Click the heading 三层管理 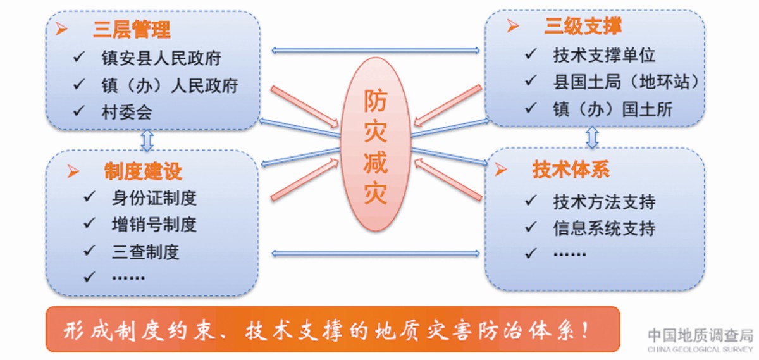pyautogui.click(x=132, y=30)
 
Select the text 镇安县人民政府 pyautogui.click(x=161, y=58)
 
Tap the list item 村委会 pyautogui.click(x=126, y=112)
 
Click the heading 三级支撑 pyautogui.click(x=583, y=26)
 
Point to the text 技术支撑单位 pyautogui.click(x=604, y=55)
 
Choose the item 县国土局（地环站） pyautogui.click(x=626, y=82)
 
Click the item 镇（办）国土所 pyautogui.click(x=613, y=109)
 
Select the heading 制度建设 pyautogui.click(x=143, y=171)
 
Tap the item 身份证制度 pyautogui.click(x=154, y=198)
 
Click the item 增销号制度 pyautogui.click(x=154, y=225)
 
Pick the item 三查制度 pyautogui.click(x=145, y=252)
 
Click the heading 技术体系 pyautogui.click(x=571, y=170)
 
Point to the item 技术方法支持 pyautogui.click(x=604, y=202)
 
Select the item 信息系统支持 pyautogui.click(x=604, y=228)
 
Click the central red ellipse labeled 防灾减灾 pyautogui.click(x=376, y=144)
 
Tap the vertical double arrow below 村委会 pyautogui.click(x=147, y=140)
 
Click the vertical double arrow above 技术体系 pyautogui.click(x=592, y=137)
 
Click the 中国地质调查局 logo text pyautogui.click(x=700, y=335)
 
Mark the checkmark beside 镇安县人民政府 pyautogui.click(x=78, y=56)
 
